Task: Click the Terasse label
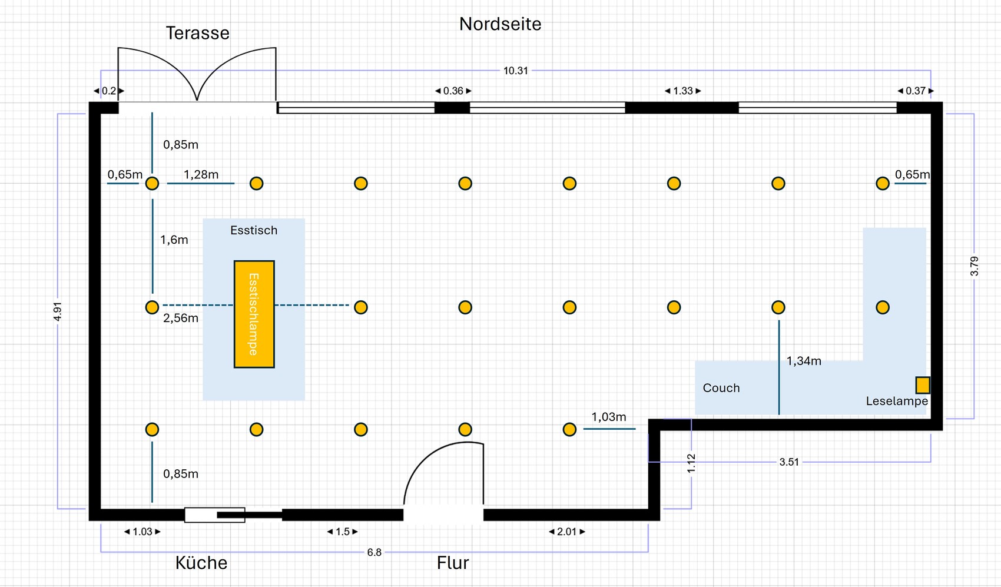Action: [x=197, y=33]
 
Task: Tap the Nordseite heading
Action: [x=500, y=24]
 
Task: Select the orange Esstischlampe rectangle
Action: [x=254, y=314]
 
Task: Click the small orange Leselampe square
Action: [x=922, y=385]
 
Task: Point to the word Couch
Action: [x=721, y=388]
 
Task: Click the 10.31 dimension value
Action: [x=515, y=71]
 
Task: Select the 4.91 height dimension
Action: [x=57, y=311]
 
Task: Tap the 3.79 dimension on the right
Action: [x=974, y=266]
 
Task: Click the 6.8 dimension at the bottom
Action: [x=374, y=552]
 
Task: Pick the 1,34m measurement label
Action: [x=804, y=362]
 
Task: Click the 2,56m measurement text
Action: [x=180, y=319]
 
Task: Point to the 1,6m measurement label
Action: [x=174, y=240]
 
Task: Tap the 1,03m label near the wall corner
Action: [x=608, y=417]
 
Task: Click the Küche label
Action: [x=201, y=563]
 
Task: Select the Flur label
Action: [x=452, y=563]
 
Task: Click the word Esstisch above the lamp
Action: [x=253, y=230]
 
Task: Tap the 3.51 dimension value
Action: [x=789, y=462]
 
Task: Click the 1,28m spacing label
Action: [x=201, y=175]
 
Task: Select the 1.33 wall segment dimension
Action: [x=682, y=91]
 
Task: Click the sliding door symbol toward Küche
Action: [x=216, y=515]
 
